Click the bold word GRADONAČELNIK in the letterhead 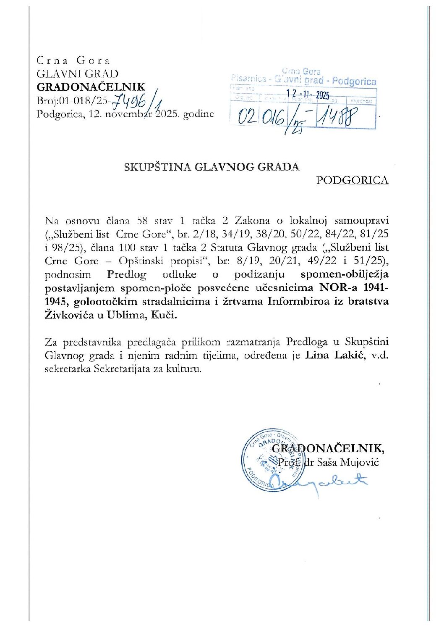(91, 87)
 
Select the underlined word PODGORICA (352, 180)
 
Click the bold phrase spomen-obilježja (344, 274)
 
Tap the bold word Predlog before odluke (127, 274)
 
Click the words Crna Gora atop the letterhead (73, 60)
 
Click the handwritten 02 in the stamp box (247, 116)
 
